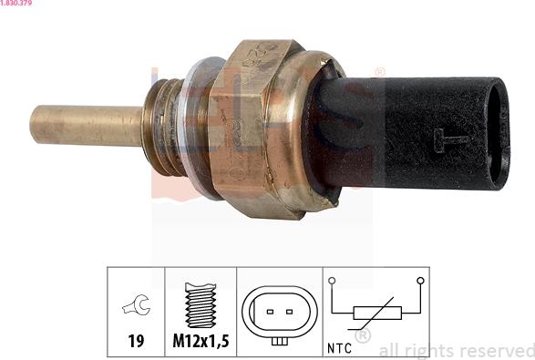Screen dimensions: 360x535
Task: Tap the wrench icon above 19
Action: pyautogui.click(x=136, y=307)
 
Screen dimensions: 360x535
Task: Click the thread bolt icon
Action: pyautogui.click(x=200, y=304)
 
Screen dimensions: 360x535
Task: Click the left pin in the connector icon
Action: pyautogui.click(x=270, y=312)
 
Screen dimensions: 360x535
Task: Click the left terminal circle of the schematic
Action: pyautogui.click(x=334, y=281)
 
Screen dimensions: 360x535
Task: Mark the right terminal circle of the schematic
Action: pyautogui.click(x=419, y=281)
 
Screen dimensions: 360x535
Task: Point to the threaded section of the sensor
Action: pyautogui.click(x=159, y=125)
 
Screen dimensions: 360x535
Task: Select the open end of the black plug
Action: pyautogui.click(x=497, y=132)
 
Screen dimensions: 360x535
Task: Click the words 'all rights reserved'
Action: pyautogui.click(x=456, y=350)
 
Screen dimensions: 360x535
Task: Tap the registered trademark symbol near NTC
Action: pyautogui.click(x=362, y=336)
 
